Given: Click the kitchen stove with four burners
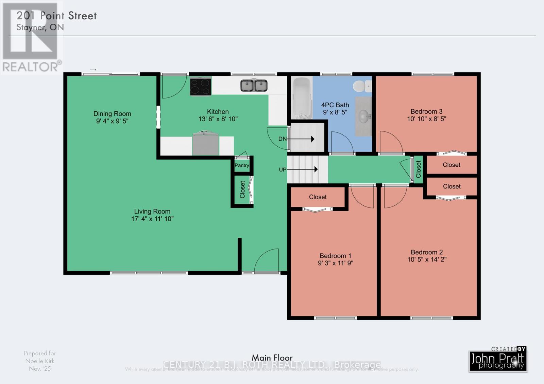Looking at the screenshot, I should tap(201, 86).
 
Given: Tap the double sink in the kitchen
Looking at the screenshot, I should tap(254, 86).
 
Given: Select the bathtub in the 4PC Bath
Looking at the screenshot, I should tap(302, 98).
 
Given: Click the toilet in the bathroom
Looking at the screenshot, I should tap(361, 86).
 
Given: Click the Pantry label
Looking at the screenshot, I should tap(242, 165).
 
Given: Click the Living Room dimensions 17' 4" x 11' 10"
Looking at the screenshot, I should tap(152, 219).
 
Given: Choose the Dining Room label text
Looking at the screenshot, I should tap(112, 114).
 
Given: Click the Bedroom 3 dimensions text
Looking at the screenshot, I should tap(426, 119).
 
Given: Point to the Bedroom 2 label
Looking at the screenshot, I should tap(426, 252).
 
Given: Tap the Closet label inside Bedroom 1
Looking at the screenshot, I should tap(318, 197).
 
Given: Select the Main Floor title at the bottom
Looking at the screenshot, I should tap(272, 358).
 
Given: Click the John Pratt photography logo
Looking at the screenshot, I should tap(498, 361).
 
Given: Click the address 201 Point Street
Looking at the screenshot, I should tap(57, 16).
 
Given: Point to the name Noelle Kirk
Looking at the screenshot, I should tap(40, 361).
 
